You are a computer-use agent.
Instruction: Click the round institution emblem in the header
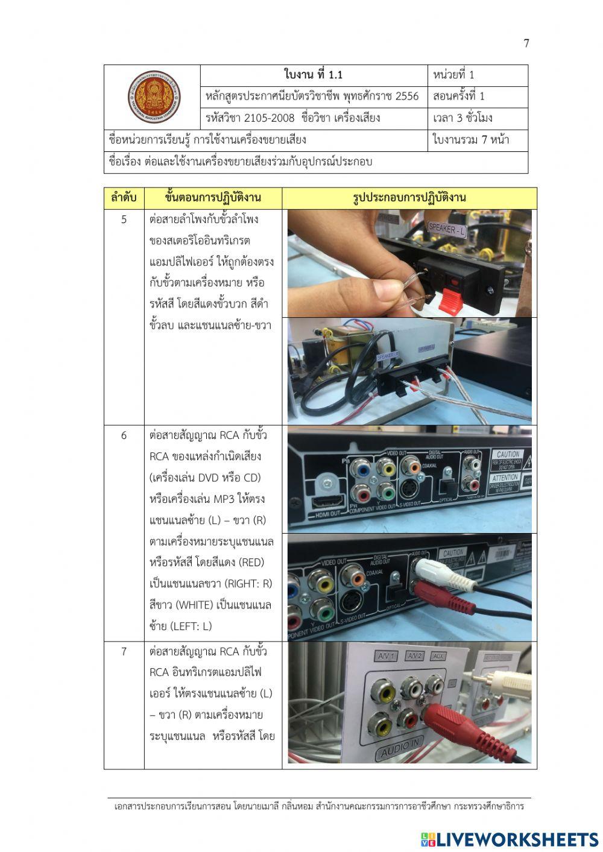pos(153,97)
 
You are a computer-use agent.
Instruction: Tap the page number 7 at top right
pos(526,43)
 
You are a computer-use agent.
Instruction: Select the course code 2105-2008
pos(262,118)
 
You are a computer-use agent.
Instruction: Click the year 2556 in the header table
pos(406,96)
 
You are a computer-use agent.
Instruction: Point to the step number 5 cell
pos(124,219)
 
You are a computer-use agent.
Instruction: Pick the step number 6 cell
pos(124,435)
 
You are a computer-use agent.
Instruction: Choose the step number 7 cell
pos(124,651)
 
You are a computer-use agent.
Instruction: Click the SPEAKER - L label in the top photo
pos(446,229)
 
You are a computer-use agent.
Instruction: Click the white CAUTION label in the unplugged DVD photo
pos(507,455)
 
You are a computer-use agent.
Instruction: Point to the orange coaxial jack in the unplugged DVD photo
pos(412,465)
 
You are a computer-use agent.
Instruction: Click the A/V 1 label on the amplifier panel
pos(384,655)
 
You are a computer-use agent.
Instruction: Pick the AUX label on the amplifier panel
pos(438,655)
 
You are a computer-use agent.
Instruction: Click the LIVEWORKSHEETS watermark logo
pos(510,839)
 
